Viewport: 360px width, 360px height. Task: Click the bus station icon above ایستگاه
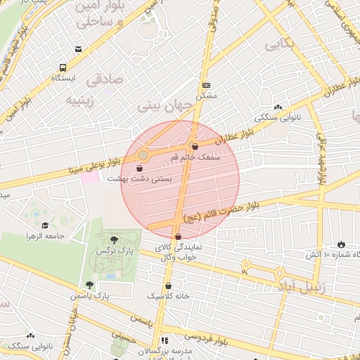tap(63, 68)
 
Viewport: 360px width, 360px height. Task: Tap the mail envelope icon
tap(78, 49)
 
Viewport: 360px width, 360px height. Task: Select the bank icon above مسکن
tap(205, 84)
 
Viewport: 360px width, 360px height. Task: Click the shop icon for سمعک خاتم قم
tap(195, 146)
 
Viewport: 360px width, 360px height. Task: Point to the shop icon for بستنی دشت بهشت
tap(139, 169)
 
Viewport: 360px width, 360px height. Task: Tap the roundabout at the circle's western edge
tap(143, 154)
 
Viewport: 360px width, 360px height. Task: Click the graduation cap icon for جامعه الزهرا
tap(45, 226)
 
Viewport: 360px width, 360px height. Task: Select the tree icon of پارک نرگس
tap(114, 240)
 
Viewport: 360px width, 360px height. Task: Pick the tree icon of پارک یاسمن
tap(89, 285)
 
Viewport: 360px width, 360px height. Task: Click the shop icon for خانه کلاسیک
tap(169, 285)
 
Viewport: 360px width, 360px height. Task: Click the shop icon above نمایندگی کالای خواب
tap(178, 237)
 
